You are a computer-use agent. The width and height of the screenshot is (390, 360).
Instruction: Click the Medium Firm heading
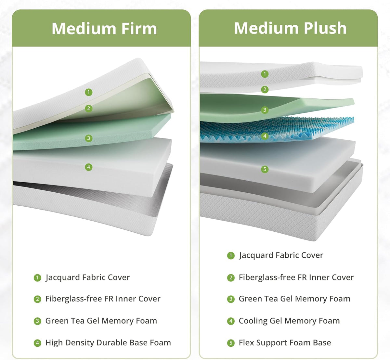[x=104, y=29]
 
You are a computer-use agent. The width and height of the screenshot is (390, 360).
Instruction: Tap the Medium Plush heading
[x=290, y=28]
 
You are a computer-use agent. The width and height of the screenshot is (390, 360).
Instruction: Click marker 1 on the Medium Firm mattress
[x=89, y=92]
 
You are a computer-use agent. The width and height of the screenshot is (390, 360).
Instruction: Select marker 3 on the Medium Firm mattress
[x=89, y=138]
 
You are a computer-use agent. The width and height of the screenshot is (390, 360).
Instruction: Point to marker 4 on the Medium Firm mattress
[x=89, y=167]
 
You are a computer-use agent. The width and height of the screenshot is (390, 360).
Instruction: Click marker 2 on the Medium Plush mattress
[x=265, y=89]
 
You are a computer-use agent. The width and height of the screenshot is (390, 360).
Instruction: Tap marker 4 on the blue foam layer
[x=265, y=136]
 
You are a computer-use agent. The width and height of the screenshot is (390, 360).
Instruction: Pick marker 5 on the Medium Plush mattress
[x=265, y=169]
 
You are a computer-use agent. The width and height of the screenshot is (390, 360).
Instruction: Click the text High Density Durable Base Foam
[x=108, y=342]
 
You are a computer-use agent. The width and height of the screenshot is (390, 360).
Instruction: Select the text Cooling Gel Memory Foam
[x=289, y=321]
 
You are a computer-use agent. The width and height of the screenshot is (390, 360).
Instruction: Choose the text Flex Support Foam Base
[x=285, y=342]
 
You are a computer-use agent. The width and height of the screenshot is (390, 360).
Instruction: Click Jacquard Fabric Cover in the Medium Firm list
[x=87, y=277]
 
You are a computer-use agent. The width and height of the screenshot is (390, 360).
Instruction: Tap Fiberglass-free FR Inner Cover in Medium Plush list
[x=296, y=277]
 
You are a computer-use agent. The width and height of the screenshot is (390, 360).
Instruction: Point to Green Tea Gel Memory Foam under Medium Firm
[x=101, y=321]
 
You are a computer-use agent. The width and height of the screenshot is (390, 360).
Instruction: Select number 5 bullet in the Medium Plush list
[x=231, y=343]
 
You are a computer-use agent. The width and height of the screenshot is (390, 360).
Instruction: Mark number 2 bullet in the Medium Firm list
[x=37, y=299]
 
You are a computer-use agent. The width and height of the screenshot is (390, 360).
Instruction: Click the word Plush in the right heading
[x=325, y=28]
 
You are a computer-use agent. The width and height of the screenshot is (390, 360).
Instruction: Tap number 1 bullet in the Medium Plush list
[x=231, y=255]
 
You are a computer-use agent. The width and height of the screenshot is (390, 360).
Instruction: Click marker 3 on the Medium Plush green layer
[x=265, y=109]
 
